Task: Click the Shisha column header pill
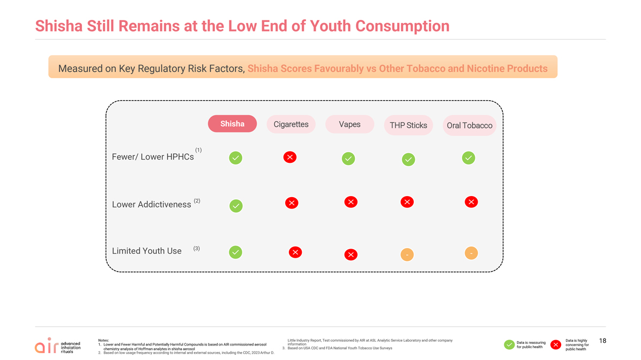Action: [x=232, y=124]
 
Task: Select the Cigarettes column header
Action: [x=291, y=124]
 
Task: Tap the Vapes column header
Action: [x=349, y=124]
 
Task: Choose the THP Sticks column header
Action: [x=408, y=125]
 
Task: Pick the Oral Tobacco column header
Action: [x=469, y=125]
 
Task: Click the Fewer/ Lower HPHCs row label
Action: [x=153, y=157]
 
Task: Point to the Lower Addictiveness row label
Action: [x=152, y=204]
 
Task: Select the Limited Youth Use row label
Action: [x=147, y=251]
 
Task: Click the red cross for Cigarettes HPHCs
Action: [x=290, y=157]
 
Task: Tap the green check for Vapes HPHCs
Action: [x=348, y=159]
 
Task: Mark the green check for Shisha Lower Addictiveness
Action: [x=236, y=206]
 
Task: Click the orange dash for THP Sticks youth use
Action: [x=407, y=254]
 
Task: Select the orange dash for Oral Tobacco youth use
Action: [x=471, y=253]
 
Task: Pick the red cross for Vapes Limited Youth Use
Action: [x=351, y=254]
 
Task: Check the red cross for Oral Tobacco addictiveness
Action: [x=471, y=202]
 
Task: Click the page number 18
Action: [x=602, y=341]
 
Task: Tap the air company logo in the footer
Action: [x=58, y=346]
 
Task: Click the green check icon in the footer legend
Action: [x=509, y=345]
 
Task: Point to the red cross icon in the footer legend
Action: [x=556, y=345]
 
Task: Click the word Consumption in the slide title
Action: [x=403, y=26]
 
